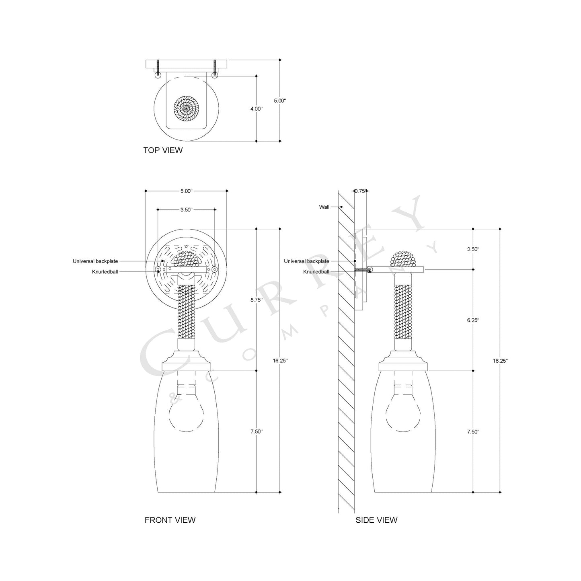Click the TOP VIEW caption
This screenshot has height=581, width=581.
[163, 150]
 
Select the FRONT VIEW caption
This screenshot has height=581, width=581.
[170, 520]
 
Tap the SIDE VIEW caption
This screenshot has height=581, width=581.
[376, 520]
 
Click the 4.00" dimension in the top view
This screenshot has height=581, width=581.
[256, 109]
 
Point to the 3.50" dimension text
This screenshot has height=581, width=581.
[186, 209]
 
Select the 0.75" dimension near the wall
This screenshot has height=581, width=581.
[361, 191]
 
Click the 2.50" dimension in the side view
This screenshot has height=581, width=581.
[473, 249]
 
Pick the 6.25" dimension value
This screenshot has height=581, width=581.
[473, 320]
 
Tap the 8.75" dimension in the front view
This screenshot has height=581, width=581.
[256, 300]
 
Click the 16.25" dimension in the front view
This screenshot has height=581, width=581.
[280, 361]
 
